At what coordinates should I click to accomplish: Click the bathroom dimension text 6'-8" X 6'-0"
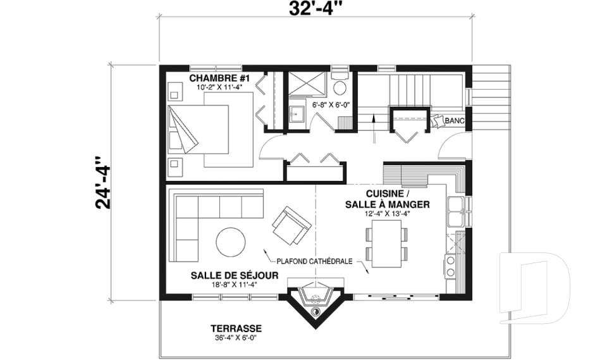331,105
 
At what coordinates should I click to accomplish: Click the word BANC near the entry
455,120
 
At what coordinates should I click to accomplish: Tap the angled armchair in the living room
291,226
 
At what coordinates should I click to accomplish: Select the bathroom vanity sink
297,115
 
